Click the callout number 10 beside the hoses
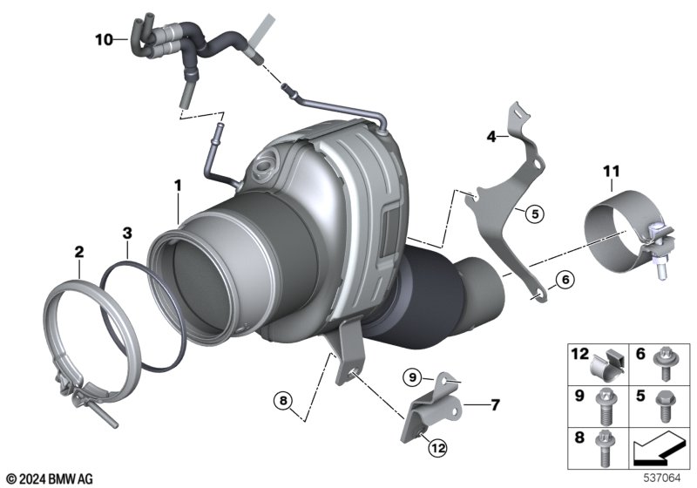[104, 39]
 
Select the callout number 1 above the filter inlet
[178, 185]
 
